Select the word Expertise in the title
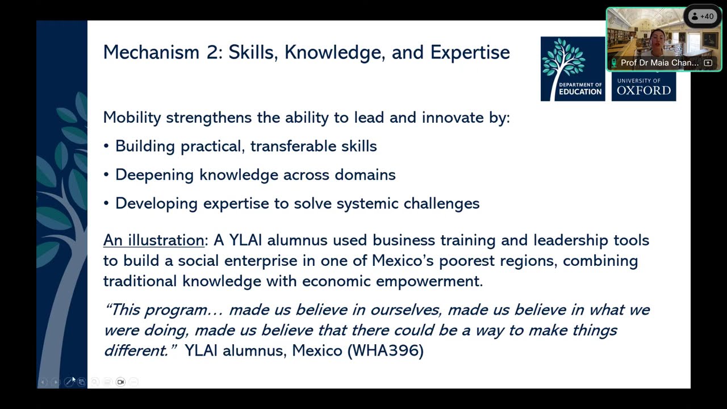pos(470,53)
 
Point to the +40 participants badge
pos(703,16)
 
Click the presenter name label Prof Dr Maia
pos(659,63)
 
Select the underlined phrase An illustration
pos(153,240)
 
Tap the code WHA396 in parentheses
pos(386,350)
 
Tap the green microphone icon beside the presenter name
pos(614,63)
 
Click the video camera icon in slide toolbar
pos(120,382)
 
